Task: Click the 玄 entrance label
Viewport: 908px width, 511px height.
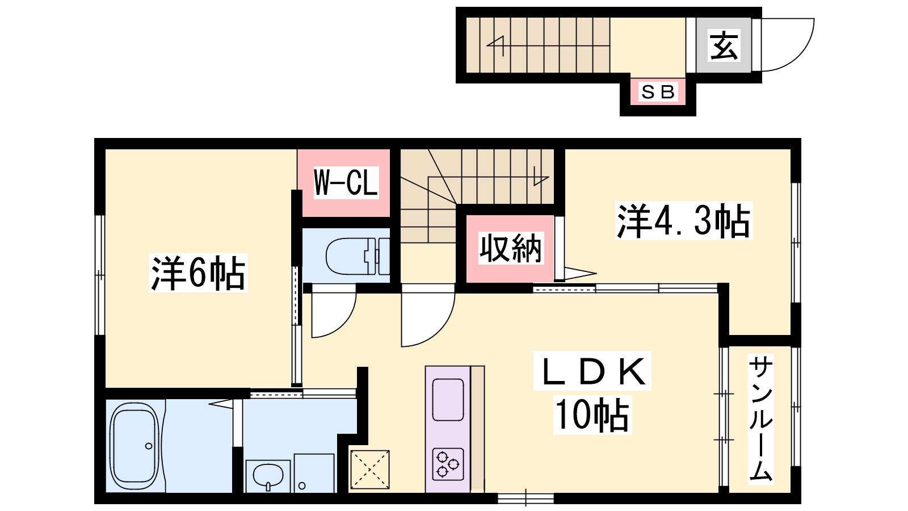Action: tap(724, 45)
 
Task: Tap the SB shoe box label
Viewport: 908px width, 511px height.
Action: tap(658, 92)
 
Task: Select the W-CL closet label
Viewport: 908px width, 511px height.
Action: tap(346, 182)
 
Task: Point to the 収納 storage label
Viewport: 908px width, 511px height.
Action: tap(510, 248)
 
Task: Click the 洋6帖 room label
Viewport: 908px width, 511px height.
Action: tap(198, 273)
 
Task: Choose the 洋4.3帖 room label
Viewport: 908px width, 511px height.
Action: tap(683, 221)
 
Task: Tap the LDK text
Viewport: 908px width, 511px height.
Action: tap(592, 371)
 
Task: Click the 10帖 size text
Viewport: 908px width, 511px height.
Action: tap(592, 415)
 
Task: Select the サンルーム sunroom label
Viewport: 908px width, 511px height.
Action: tap(760, 420)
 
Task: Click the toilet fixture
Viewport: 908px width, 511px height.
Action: tap(358, 256)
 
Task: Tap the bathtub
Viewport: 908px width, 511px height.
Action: tap(134, 446)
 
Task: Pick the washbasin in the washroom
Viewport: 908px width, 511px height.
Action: tap(267, 475)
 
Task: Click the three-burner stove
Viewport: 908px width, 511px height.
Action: tap(448, 464)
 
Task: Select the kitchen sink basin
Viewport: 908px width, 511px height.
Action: tap(448, 400)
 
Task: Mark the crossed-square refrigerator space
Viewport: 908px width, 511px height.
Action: tap(369, 469)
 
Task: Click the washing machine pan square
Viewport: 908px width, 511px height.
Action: tap(314, 474)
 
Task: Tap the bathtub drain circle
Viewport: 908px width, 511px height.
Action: tap(149, 446)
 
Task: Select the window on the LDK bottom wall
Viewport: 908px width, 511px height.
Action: tap(526, 498)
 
